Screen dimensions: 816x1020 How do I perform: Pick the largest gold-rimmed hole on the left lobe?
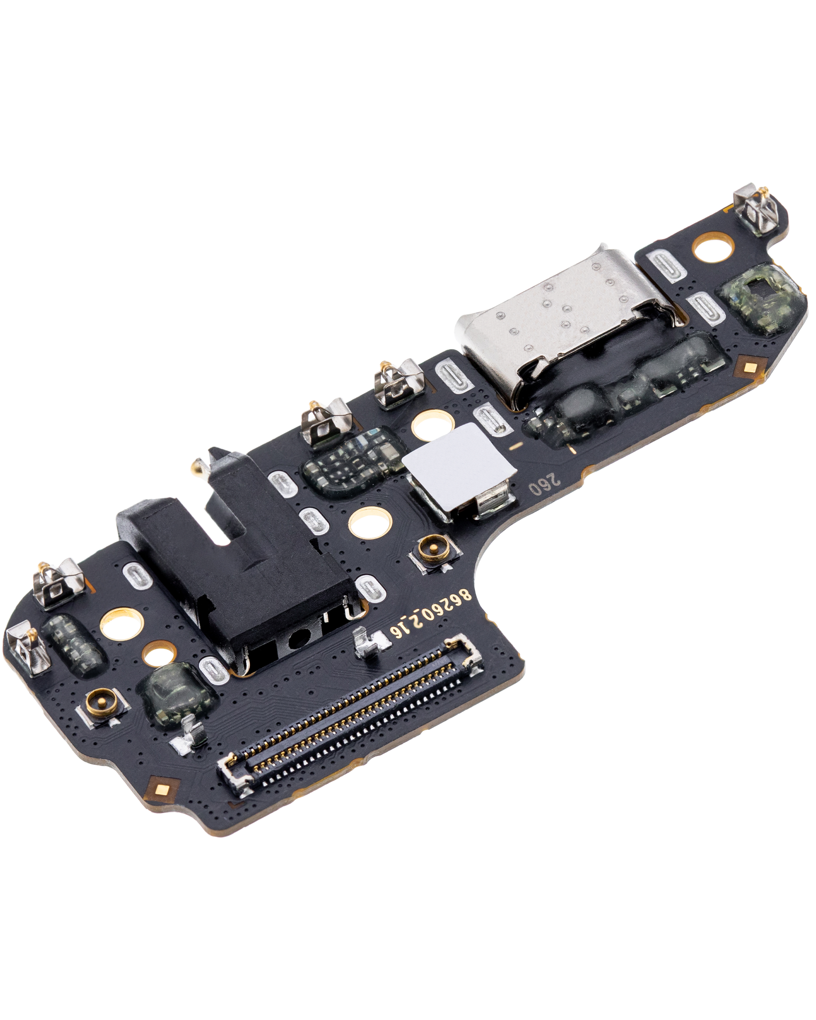[122, 625]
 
